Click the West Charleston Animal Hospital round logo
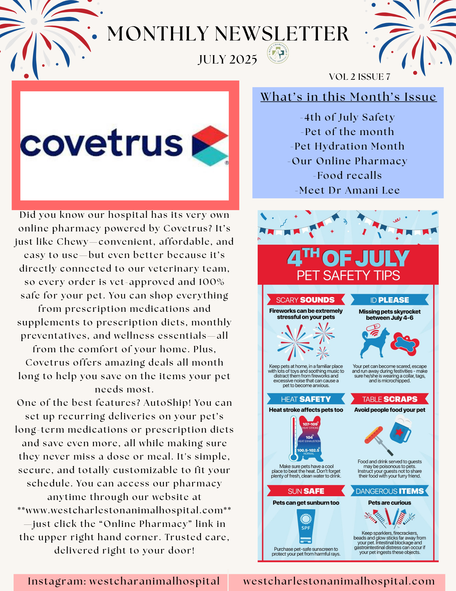pos(278,53)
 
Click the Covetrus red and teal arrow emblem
pos(210,145)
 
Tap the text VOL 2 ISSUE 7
pos(359,77)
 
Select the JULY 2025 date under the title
pos(228,60)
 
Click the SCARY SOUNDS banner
pos(306,300)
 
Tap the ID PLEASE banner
pos(390,300)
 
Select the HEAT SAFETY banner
pos(306,399)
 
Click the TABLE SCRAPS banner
pos(390,399)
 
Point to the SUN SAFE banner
pos(306,491)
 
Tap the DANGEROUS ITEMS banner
pos(390,491)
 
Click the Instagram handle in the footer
pos(124,581)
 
